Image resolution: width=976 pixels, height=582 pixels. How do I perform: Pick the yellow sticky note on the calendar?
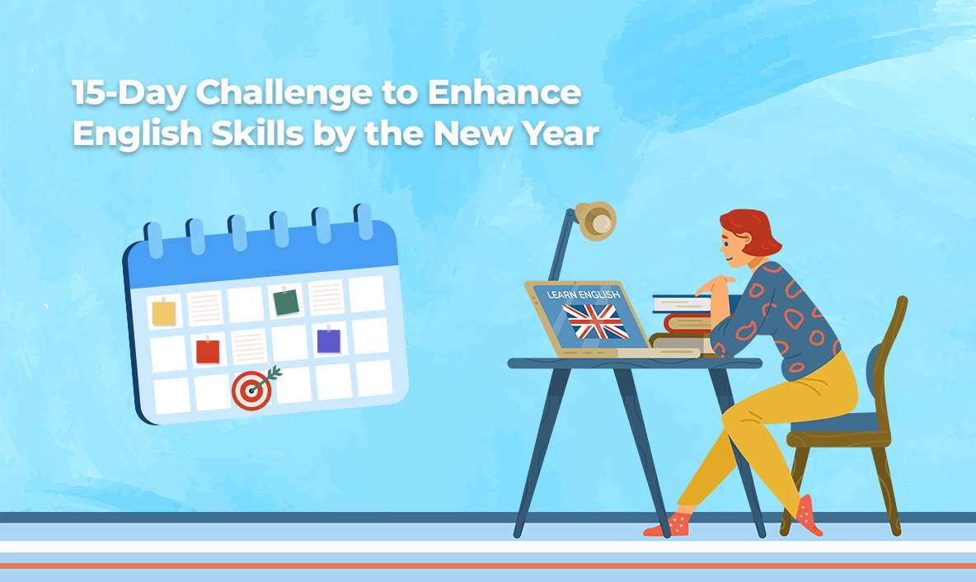click(164, 312)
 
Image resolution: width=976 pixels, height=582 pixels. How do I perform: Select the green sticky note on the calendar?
click(286, 303)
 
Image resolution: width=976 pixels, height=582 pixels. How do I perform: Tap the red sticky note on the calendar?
click(208, 351)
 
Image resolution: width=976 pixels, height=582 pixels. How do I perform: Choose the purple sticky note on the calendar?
click(328, 340)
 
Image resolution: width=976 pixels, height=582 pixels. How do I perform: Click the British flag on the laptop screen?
click(595, 322)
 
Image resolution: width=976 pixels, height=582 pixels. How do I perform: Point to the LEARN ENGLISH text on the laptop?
click(577, 294)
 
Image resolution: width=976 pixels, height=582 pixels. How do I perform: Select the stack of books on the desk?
click(682, 322)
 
